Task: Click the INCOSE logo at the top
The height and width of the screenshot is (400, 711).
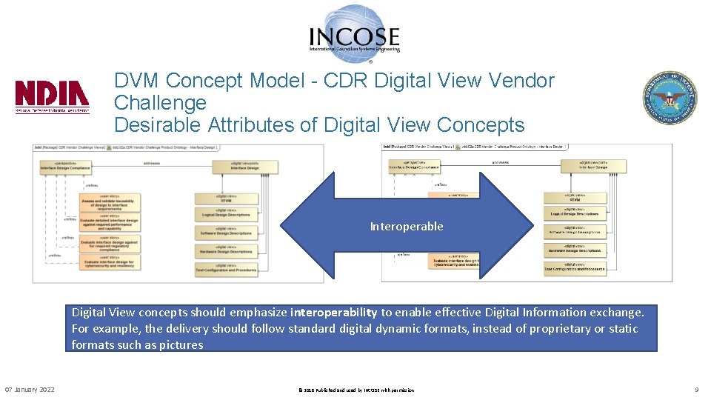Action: point(355,31)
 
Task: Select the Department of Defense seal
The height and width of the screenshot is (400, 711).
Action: point(669,98)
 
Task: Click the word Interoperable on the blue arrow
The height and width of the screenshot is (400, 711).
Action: point(407,226)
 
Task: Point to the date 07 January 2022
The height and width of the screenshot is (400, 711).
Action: point(30,390)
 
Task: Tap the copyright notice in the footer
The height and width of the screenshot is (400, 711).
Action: point(355,390)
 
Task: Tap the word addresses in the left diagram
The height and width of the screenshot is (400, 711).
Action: point(152,161)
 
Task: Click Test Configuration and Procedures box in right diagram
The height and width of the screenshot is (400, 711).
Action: point(575,267)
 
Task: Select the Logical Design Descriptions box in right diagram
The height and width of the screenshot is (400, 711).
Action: point(575,213)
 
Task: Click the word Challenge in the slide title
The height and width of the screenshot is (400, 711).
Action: point(160,102)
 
